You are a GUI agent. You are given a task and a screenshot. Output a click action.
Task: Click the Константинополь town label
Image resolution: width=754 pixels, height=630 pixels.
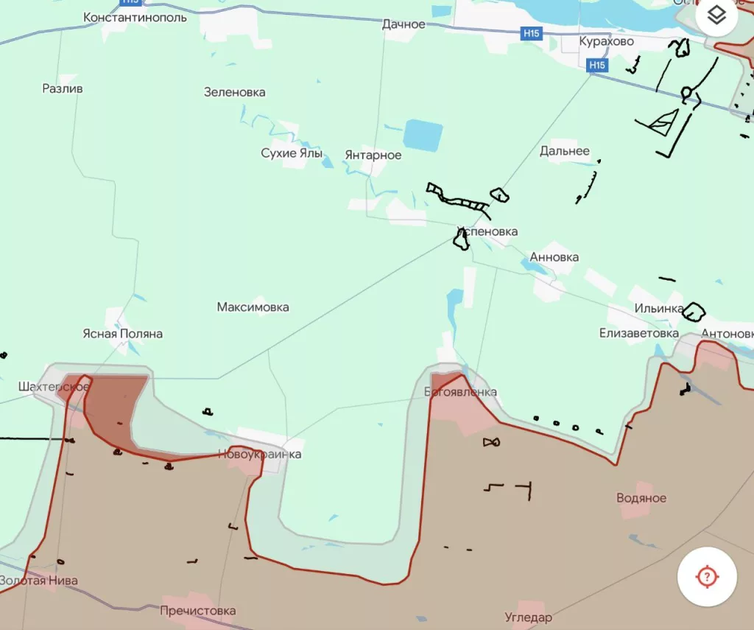(135, 17)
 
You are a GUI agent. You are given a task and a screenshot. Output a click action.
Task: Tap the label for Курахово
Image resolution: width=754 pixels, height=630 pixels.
(606, 41)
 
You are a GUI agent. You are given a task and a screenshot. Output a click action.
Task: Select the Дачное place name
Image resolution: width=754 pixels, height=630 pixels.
(404, 24)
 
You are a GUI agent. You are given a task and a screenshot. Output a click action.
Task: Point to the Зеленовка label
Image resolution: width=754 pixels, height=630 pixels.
(234, 92)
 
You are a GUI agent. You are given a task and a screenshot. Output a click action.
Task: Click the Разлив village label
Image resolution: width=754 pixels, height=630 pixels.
(63, 88)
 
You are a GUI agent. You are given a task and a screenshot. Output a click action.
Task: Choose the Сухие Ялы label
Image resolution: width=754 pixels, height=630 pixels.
(292, 153)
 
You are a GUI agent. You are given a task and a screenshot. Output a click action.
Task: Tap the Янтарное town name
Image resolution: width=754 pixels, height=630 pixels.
(373, 155)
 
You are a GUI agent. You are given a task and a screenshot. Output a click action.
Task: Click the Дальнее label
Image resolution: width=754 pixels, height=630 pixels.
(564, 151)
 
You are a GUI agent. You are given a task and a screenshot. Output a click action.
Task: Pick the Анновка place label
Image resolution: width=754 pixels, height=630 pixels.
(554, 257)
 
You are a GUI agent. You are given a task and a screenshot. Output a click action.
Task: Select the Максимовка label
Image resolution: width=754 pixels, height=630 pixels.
(253, 307)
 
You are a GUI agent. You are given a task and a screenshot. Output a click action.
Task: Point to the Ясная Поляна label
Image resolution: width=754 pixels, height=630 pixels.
(122, 334)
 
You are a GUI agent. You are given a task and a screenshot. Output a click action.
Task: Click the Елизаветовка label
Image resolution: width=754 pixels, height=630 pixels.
(638, 333)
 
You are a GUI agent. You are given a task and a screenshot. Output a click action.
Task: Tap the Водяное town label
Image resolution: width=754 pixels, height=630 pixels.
(641, 497)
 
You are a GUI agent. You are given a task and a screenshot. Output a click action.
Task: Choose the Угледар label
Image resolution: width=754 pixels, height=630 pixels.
(528, 617)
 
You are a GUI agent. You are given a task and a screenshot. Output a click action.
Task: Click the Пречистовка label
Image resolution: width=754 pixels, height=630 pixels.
(198, 611)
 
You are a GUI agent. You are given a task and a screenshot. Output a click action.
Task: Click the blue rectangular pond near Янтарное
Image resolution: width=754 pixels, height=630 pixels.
(423, 136)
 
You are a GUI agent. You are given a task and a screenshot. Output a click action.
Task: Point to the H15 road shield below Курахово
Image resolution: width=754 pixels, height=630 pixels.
(597, 66)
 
